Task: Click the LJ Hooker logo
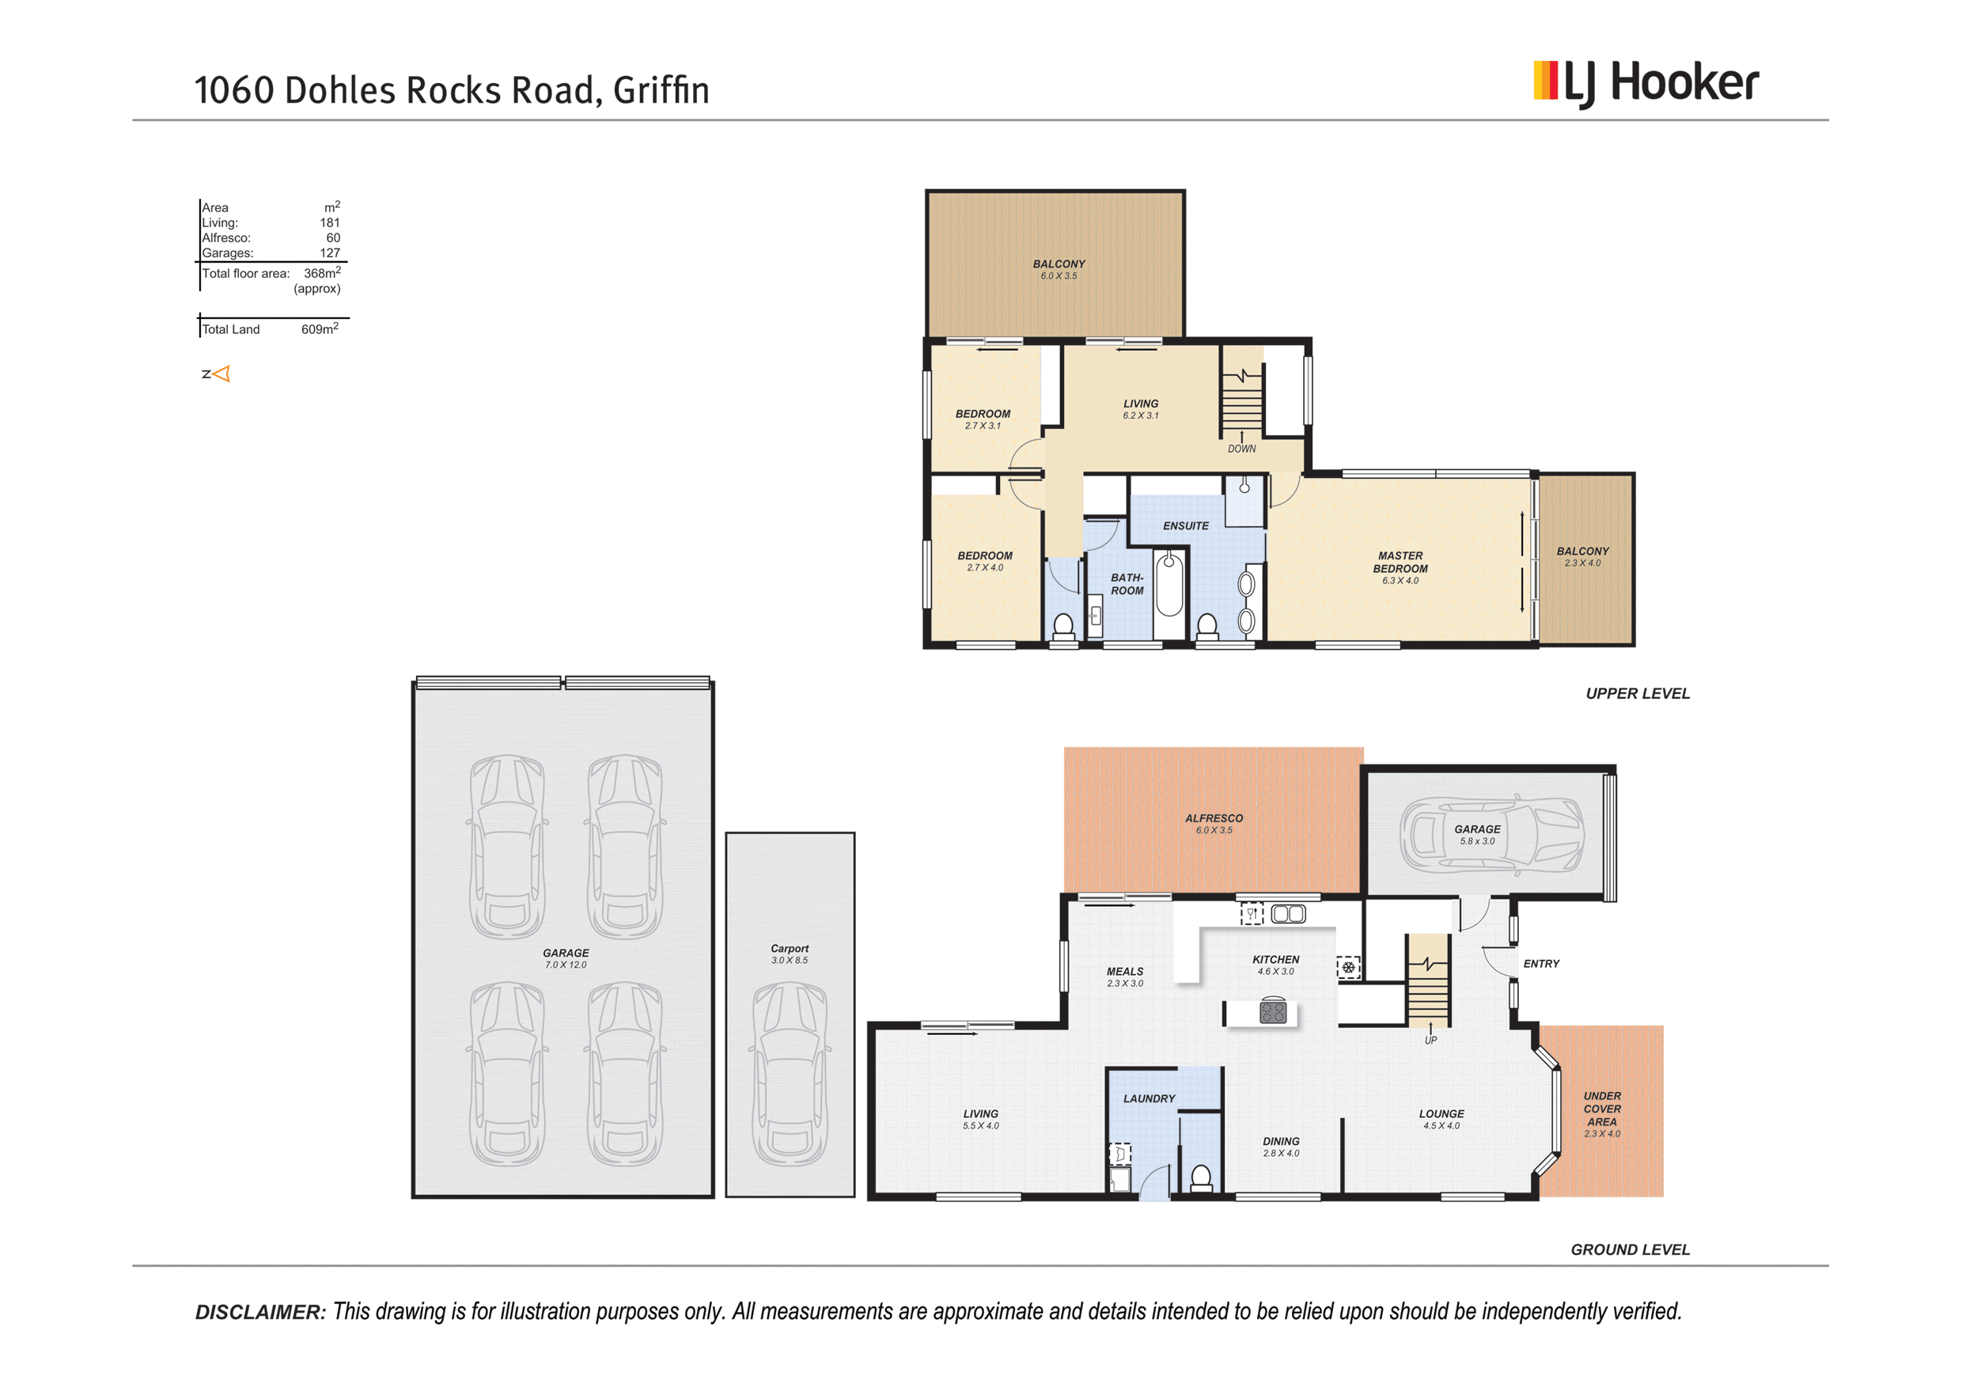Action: tap(1645, 83)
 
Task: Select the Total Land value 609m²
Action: tap(320, 329)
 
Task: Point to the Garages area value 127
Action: tap(330, 253)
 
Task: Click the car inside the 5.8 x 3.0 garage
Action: tap(1491, 835)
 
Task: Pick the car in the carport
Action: tap(790, 1075)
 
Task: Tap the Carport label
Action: tap(789, 949)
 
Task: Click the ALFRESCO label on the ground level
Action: tap(1214, 819)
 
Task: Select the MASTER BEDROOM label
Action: tap(1400, 563)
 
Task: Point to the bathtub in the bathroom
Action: tap(1168, 585)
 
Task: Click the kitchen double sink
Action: tap(1288, 915)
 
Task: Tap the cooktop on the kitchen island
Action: tap(1272, 1013)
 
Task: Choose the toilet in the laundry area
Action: tap(1201, 1178)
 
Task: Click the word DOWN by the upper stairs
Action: tap(1241, 449)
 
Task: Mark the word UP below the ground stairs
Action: tap(1430, 1040)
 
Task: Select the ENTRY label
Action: tap(1540, 964)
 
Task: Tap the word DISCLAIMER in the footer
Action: tap(260, 1312)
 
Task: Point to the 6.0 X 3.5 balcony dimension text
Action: tap(1058, 276)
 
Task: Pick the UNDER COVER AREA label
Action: tap(1601, 1109)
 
